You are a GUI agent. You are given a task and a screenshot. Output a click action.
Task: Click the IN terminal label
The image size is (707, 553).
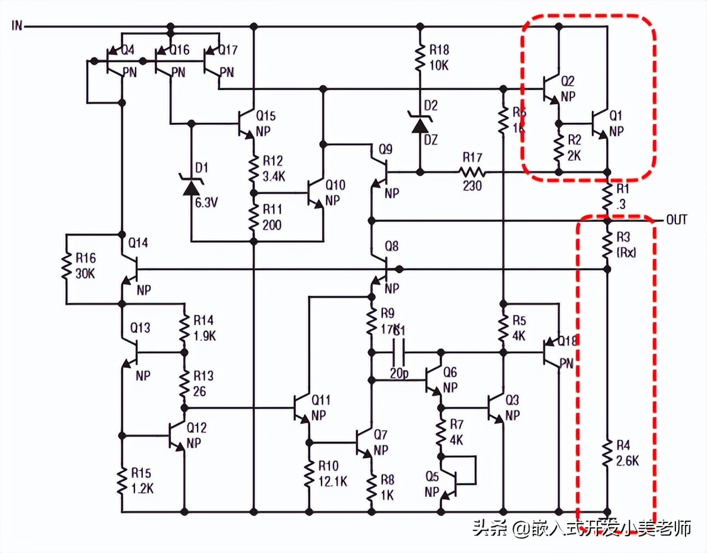click(17, 25)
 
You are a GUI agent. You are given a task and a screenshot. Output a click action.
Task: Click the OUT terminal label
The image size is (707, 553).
click(676, 220)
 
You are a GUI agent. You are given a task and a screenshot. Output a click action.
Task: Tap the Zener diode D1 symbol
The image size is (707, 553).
click(191, 186)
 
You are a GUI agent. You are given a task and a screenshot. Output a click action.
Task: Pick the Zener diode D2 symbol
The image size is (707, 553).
click(420, 124)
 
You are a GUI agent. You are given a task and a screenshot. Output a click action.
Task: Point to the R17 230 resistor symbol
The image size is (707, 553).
click(472, 173)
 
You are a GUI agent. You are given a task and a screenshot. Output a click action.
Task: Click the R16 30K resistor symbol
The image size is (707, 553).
click(66, 267)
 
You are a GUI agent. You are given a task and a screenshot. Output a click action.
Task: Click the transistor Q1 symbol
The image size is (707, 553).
click(601, 124)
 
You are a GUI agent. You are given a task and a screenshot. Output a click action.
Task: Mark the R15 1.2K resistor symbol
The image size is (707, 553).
click(121, 480)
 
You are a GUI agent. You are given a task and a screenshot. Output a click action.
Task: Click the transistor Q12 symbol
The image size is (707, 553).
click(177, 436)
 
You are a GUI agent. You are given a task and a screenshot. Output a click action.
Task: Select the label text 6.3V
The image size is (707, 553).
click(206, 203)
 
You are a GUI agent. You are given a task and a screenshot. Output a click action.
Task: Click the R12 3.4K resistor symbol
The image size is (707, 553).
click(254, 169)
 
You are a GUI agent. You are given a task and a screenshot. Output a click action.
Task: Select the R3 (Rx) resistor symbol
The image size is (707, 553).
click(607, 244)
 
